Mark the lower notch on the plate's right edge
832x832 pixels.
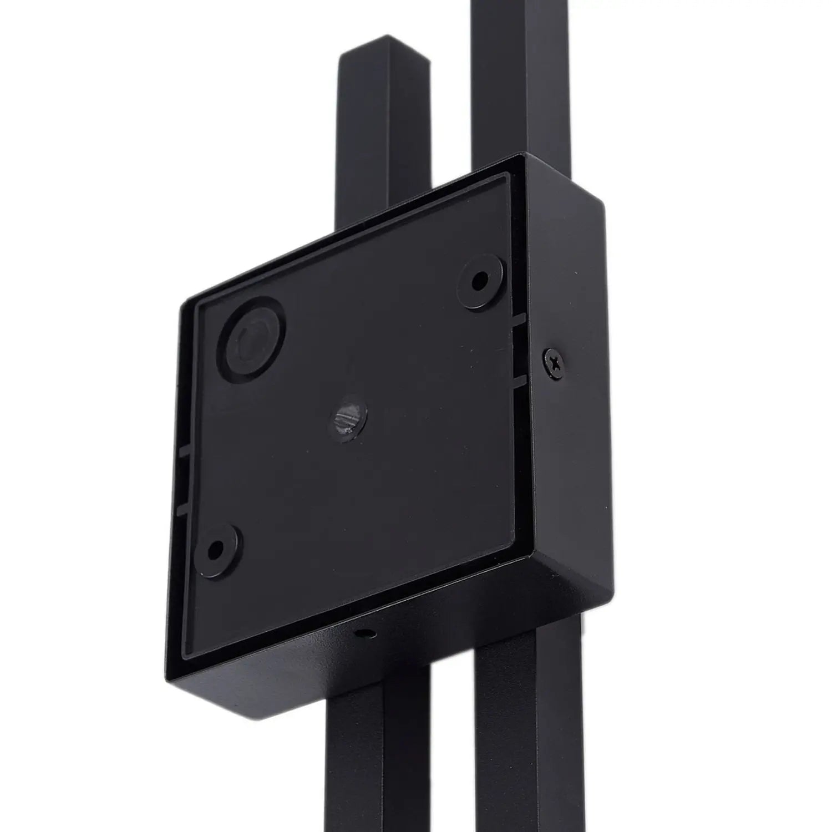[519, 381]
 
